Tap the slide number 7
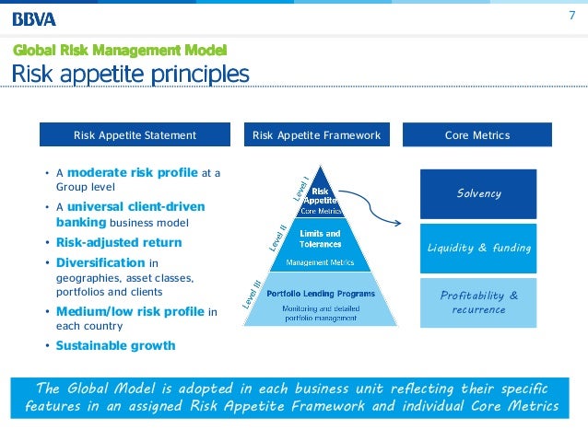click(x=570, y=17)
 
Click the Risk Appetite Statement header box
click(x=135, y=135)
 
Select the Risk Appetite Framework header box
click(x=316, y=135)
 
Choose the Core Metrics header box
click(x=476, y=135)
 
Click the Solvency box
click(x=478, y=193)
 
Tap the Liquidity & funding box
click(x=478, y=248)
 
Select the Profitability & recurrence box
click(x=478, y=302)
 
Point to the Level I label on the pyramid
click(x=300, y=188)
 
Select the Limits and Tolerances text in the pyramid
click(x=320, y=238)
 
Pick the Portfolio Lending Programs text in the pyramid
click(x=320, y=293)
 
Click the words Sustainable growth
click(x=115, y=346)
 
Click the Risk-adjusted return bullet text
click(x=119, y=243)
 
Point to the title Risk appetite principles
click(x=130, y=73)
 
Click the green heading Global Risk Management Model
click(x=120, y=50)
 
